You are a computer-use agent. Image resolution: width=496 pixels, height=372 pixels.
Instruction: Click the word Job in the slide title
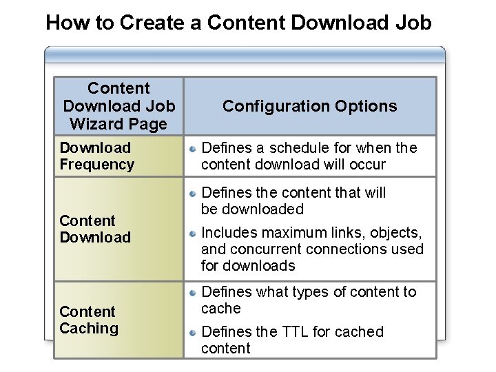point(412,23)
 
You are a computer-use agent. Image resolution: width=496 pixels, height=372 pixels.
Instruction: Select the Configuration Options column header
point(309,106)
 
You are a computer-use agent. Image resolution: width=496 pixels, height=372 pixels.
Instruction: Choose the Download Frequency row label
point(96,156)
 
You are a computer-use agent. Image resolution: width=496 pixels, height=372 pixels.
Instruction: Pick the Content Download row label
point(95,229)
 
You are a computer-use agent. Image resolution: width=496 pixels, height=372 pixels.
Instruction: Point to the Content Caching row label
point(89,320)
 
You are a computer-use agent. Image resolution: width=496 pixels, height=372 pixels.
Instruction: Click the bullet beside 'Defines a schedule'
point(194,148)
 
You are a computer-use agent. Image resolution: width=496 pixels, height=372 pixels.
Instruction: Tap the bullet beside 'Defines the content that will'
point(194,193)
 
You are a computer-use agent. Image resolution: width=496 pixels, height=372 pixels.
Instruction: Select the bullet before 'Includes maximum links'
point(194,233)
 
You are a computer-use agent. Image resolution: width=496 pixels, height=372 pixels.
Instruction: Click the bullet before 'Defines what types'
point(194,292)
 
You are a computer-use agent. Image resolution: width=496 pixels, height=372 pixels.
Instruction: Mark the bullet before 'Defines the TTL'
point(194,332)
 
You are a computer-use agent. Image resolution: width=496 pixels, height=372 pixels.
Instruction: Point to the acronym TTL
point(295,331)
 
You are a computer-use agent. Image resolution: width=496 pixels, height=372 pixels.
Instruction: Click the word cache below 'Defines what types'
point(220,309)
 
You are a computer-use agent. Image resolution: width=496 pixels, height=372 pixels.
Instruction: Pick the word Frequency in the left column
point(96,164)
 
